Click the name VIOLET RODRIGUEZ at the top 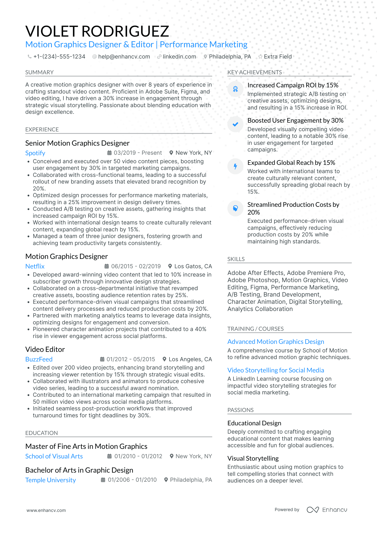[x=97, y=31]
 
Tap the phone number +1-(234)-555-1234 [x=59, y=57]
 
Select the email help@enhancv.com [x=124, y=57]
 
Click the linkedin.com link [x=179, y=57]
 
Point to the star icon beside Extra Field [x=260, y=57]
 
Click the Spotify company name [x=35, y=153]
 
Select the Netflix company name [x=35, y=266]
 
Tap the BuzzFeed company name [x=39, y=359]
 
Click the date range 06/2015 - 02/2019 [x=136, y=266]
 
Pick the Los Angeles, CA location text [x=190, y=359]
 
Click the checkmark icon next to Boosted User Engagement [x=235, y=124]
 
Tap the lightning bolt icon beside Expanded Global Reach [x=235, y=166]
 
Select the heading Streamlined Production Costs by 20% [x=293, y=208]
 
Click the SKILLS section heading [x=236, y=259]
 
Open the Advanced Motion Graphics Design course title [x=276, y=342]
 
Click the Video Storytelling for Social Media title [x=276, y=370]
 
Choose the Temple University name [x=51, y=480]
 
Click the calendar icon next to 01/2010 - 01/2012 [x=109, y=456]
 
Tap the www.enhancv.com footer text [x=46, y=510]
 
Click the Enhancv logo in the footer [x=327, y=510]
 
